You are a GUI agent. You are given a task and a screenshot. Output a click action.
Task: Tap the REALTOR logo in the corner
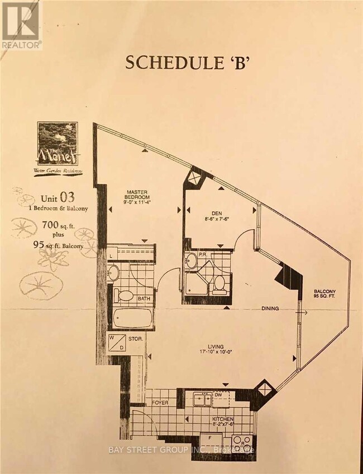21,25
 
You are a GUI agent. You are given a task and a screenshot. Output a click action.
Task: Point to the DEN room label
216,215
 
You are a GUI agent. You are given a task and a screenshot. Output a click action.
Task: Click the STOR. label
136,338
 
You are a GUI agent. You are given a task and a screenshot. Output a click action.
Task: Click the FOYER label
162,401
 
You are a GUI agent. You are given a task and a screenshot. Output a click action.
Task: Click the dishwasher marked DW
225,396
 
